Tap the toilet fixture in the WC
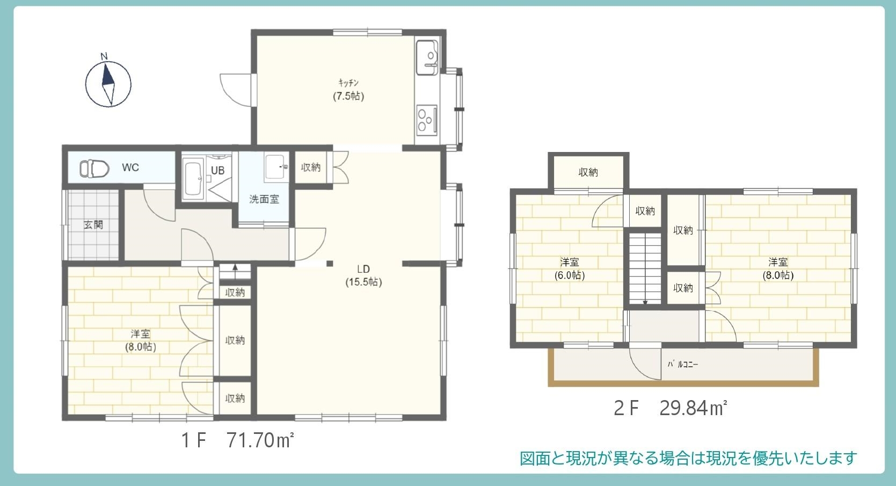pos(94,169)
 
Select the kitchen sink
pos(427,57)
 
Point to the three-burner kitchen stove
pos(427,120)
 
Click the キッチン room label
pos(348,83)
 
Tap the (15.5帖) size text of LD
pos(363,282)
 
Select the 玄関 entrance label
pos(93,225)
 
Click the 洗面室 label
pos(264,199)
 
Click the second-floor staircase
pos(645,269)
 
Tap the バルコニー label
pos(682,365)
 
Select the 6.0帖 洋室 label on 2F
pos(569,269)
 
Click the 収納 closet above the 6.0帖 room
pos(588,172)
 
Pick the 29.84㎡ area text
pos(693,408)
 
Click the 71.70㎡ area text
pos(260,440)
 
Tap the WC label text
pos(130,167)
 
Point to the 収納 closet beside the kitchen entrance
pos(311,167)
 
